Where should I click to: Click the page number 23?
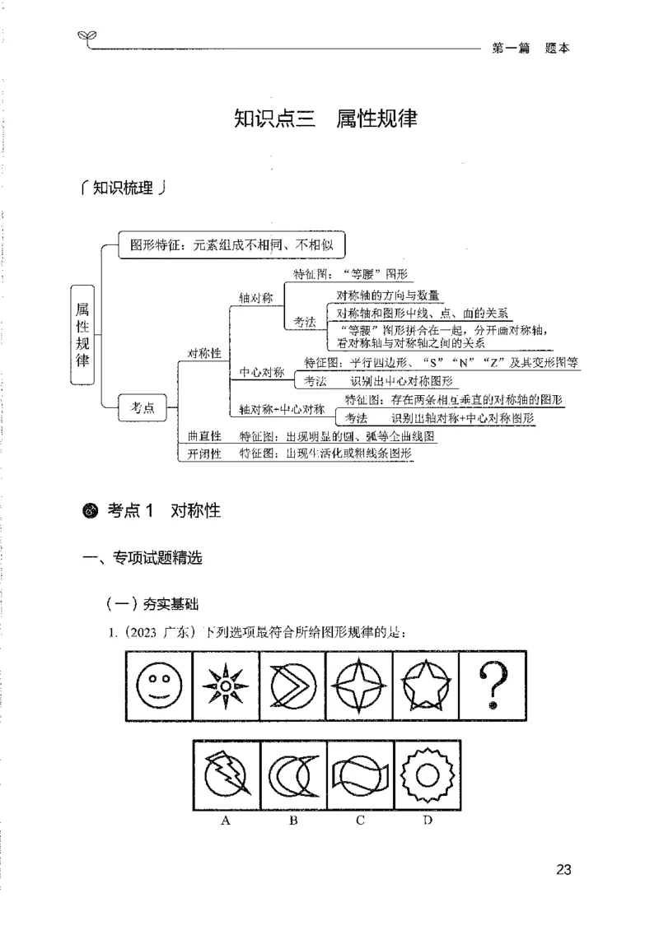pos(563,869)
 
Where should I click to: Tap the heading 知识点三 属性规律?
pos(325,119)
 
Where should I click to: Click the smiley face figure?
pos(159,686)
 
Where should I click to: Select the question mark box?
pos(493,686)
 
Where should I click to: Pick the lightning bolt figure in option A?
pos(227,775)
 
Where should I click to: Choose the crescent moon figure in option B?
pos(293,775)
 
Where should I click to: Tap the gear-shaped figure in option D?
pos(428,775)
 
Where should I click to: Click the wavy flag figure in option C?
pos(360,775)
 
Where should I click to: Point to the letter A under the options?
pos(225,821)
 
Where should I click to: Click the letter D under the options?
pos(428,821)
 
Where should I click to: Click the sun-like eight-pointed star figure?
pos(226,686)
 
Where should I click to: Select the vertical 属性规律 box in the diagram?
pos(83,336)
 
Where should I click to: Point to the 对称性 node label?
pos(204,353)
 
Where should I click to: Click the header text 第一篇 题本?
pos(530,48)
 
